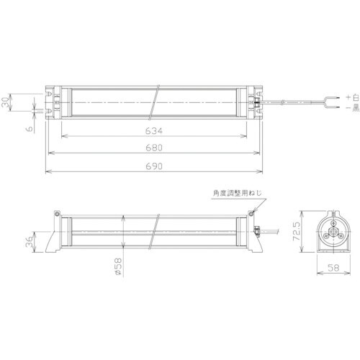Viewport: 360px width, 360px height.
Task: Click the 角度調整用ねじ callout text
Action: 233,192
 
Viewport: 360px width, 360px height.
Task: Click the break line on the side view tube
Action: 155,230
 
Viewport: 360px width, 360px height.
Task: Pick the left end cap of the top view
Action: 54,103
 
